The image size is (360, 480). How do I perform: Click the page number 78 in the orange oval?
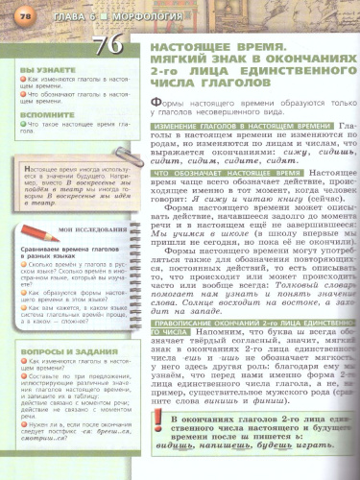13,9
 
